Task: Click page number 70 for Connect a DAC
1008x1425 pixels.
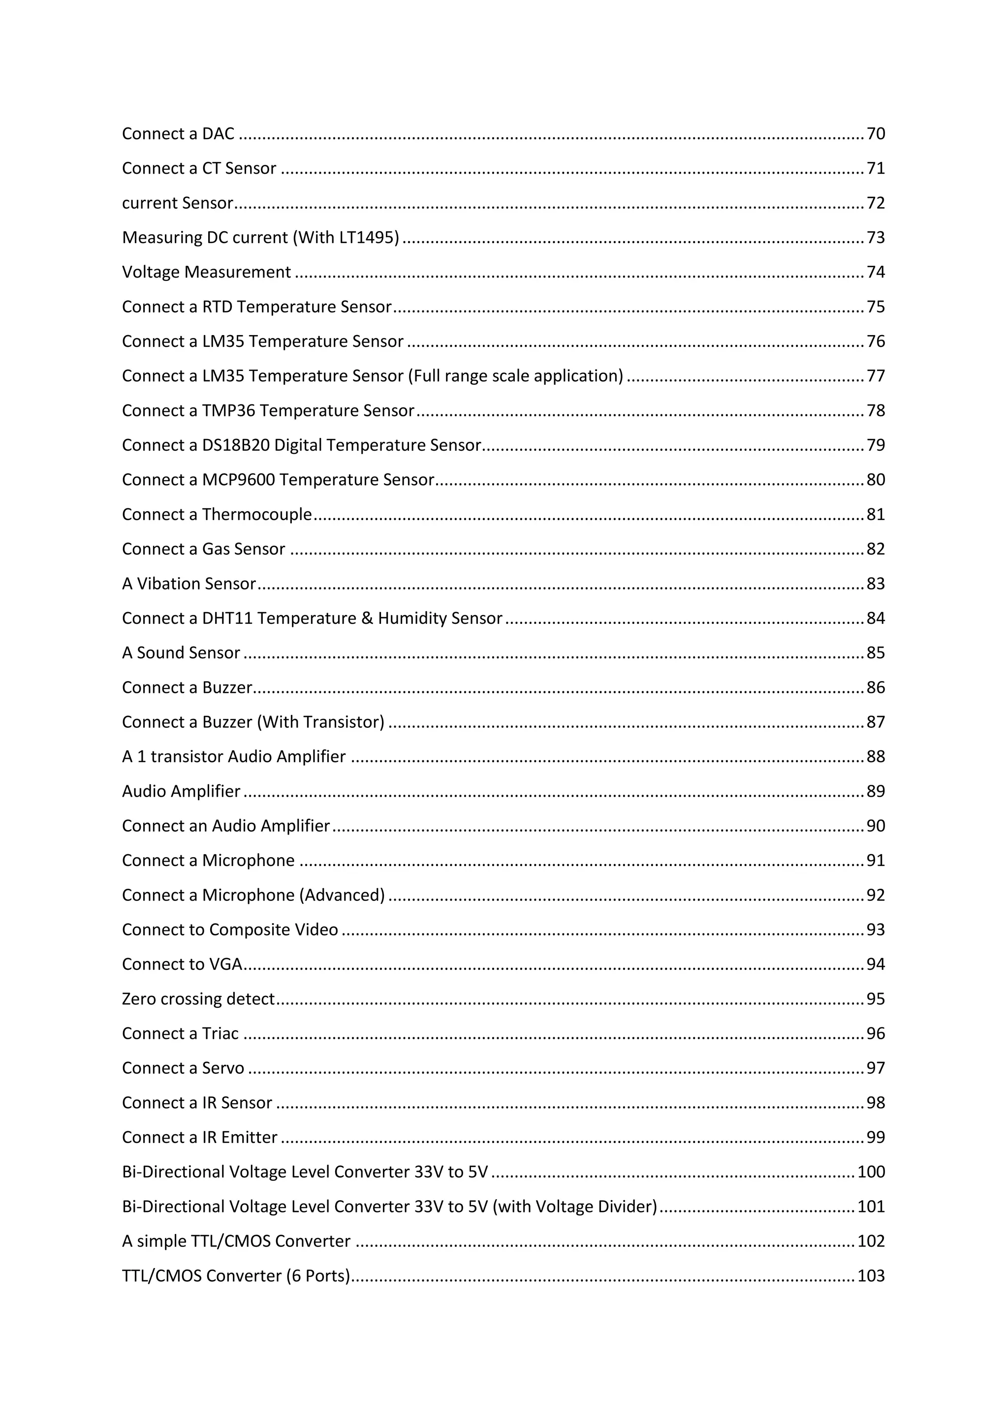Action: tap(875, 133)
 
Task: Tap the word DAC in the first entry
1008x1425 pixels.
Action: tap(218, 133)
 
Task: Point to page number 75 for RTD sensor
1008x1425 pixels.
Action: tap(875, 307)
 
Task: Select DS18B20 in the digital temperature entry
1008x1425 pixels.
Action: tap(235, 445)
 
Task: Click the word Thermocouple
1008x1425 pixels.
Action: tap(257, 515)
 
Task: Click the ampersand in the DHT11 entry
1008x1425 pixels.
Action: tap(367, 618)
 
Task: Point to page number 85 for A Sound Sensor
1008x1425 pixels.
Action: tap(875, 653)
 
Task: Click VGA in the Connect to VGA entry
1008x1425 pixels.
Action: tap(226, 964)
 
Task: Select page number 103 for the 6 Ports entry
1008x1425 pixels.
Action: tap(871, 1276)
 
